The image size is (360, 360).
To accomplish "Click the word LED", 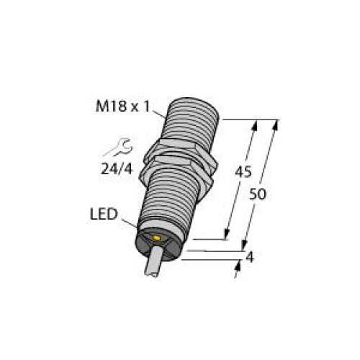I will coord(105,214).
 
